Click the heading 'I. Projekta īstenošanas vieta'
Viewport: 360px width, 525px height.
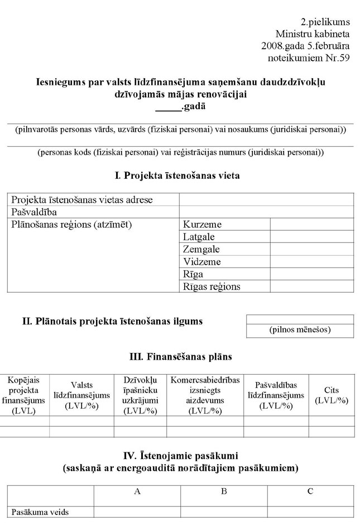pos(177,176)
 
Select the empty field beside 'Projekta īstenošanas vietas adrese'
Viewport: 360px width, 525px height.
pos(266,200)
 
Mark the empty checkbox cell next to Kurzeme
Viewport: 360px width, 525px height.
pos(312,225)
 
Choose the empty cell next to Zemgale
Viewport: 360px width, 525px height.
pos(312,249)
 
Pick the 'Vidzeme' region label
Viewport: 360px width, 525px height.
pos(202,261)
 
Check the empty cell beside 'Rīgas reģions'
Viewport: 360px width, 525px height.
pos(312,287)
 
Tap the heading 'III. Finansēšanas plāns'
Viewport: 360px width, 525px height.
pos(177,356)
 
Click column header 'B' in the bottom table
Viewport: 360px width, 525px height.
pos(223,491)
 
